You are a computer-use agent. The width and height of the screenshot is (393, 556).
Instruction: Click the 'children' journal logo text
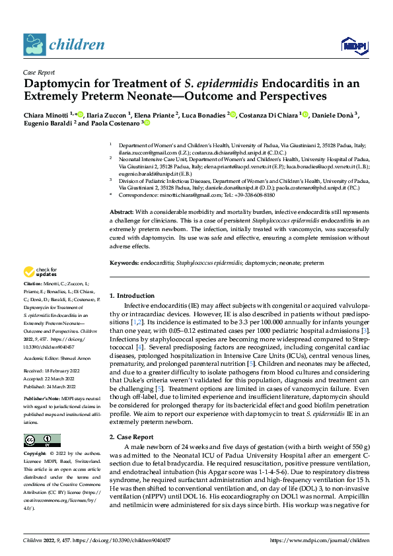coord(75,45)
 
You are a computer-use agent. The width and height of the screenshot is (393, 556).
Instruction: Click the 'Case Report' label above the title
coord(38,73)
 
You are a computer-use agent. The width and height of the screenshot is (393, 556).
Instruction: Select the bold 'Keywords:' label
coord(125,262)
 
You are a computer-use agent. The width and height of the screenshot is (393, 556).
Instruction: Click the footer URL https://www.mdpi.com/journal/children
coord(320,540)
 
